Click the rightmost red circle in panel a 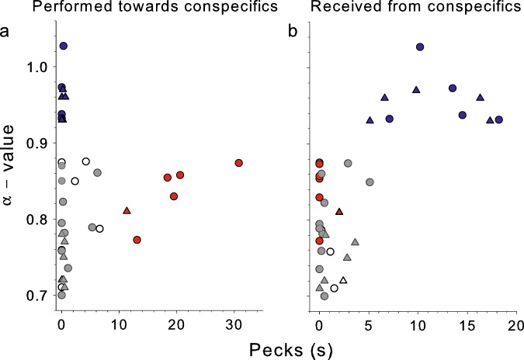coord(239,163)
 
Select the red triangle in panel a coord(127,210)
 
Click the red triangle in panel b coord(338,211)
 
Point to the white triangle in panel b coord(343,280)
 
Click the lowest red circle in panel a coord(137,241)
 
